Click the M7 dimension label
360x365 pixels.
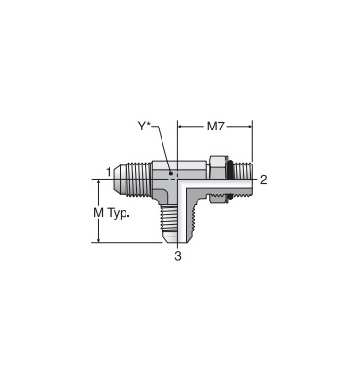[216, 127]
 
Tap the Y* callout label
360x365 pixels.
[145, 127]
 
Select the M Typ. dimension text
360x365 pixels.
[110, 213]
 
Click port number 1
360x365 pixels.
[109, 171]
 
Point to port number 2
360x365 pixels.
[263, 179]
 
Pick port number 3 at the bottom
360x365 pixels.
[178, 256]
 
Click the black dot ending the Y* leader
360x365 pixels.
[171, 174]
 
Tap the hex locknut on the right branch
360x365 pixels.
[217, 179]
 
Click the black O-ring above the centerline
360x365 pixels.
[229, 166]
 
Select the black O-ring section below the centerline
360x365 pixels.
[229, 196]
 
